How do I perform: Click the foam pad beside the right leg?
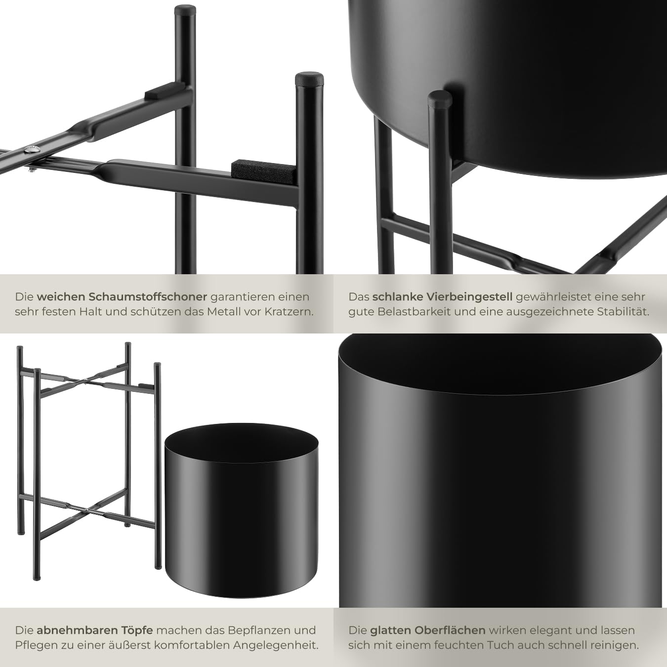coord(262,171)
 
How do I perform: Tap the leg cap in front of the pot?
coord(440,98)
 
